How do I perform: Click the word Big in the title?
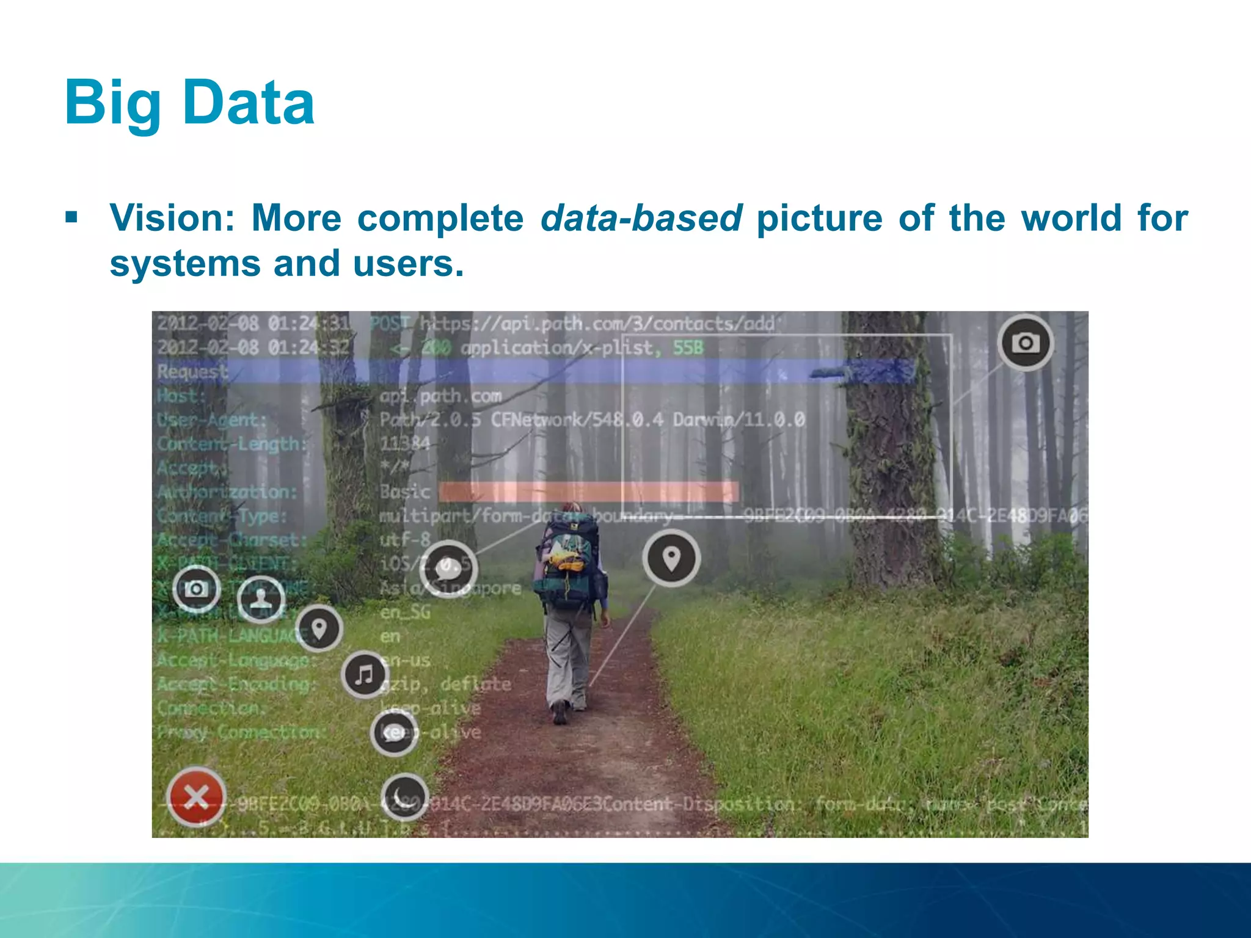pyautogui.click(x=113, y=104)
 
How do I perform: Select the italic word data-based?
pyautogui.click(x=641, y=218)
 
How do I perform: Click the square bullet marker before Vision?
pyautogui.click(x=71, y=217)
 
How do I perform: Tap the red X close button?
pyautogui.click(x=196, y=796)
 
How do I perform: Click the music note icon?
pyautogui.click(x=365, y=675)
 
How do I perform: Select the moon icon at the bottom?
pyautogui.click(x=404, y=797)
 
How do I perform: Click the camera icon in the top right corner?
pyautogui.click(x=1026, y=343)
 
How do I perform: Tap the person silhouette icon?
pyautogui.click(x=261, y=598)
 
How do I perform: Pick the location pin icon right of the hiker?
pyautogui.click(x=671, y=558)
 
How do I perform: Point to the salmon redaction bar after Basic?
pyautogui.click(x=588, y=492)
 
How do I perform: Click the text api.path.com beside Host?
pyautogui.click(x=440, y=396)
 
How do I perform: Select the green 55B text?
pyautogui.click(x=688, y=348)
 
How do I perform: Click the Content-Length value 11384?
pyautogui.click(x=404, y=443)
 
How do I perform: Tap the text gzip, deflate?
pyautogui.click(x=446, y=684)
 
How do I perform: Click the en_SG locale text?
pyautogui.click(x=405, y=612)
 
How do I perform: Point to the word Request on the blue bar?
pyautogui.click(x=192, y=371)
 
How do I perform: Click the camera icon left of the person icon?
pyautogui.click(x=196, y=589)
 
